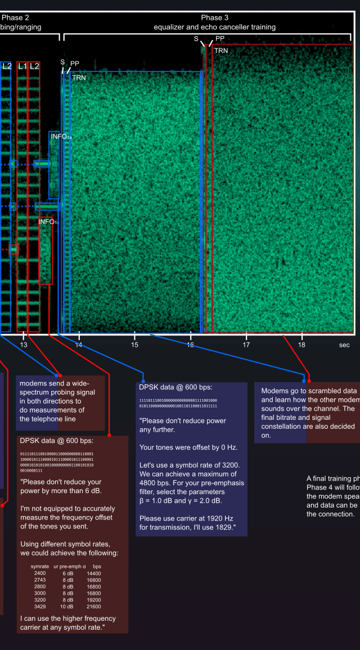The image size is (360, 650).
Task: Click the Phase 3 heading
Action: click(215, 17)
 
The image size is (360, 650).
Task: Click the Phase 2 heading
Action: click(15, 17)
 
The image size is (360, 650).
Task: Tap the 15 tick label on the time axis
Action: click(134, 344)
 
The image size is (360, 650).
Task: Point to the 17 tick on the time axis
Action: click(246, 344)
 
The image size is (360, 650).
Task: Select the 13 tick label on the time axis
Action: click(24, 344)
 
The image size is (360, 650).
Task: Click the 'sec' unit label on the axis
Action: click(344, 344)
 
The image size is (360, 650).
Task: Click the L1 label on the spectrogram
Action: click(22, 66)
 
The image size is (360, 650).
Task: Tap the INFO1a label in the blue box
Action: click(61, 136)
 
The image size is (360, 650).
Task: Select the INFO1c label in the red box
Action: click(49, 222)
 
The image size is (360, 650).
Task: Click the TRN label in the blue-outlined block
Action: click(79, 78)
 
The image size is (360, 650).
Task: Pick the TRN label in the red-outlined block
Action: click(220, 51)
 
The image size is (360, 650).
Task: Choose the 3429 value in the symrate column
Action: click(39, 607)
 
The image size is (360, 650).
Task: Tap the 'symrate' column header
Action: click(40, 566)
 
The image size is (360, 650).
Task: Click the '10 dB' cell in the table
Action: click(67, 607)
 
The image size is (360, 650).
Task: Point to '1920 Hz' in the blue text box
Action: click(209, 517)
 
